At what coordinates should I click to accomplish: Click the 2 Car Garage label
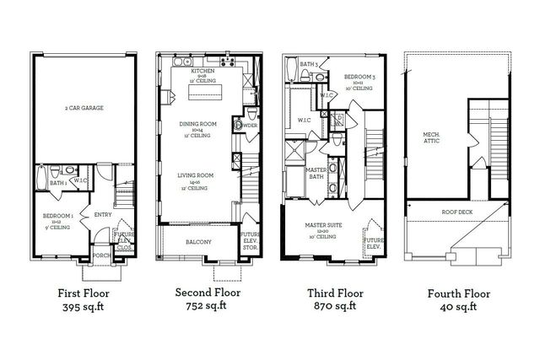(x=84, y=109)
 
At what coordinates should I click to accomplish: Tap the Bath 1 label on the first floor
(x=58, y=182)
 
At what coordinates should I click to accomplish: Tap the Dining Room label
(x=199, y=127)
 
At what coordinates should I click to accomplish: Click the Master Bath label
(x=316, y=173)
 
